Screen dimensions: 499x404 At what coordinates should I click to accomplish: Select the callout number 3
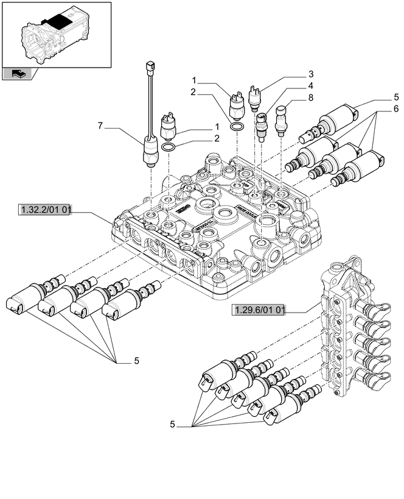(x=310, y=74)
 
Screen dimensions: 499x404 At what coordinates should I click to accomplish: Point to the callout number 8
(x=310, y=97)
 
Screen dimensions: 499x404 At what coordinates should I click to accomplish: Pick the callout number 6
(x=395, y=108)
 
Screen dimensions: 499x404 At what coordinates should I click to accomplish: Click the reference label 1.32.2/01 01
(x=46, y=211)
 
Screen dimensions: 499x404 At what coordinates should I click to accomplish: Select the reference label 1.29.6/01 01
(x=259, y=311)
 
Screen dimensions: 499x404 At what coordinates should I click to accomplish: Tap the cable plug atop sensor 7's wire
(x=150, y=66)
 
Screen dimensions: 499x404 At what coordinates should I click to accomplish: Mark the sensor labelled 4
(x=262, y=125)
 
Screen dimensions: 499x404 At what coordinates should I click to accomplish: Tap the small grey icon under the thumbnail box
(x=19, y=74)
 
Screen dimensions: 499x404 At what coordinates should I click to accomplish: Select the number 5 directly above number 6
(x=395, y=97)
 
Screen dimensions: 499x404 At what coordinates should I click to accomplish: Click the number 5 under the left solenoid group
(x=136, y=361)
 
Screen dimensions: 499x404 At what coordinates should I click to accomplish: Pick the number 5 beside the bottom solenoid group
(x=173, y=425)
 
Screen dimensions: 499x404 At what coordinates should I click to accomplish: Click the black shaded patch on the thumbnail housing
(x=60, y=19)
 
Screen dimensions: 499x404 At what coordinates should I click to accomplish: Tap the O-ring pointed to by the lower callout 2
(x=170, y=147)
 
